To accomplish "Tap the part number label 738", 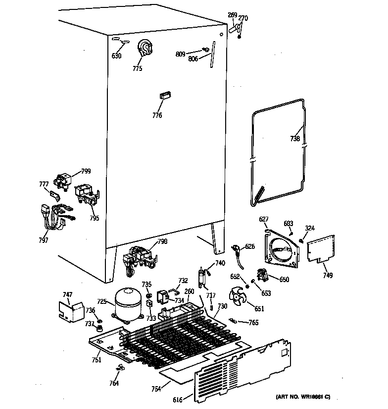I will pyautogui.click(x=295, y=139).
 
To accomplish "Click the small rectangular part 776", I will pyautogui.click(x=165, y=96).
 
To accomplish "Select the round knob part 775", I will pyautogui.click(x=145, y=48).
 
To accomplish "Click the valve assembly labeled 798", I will pyautogui.click(x=140, y=257).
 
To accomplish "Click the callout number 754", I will pyautogui.click(x=156, y=389).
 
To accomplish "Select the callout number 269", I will pyautogui.click(x=232, y=15).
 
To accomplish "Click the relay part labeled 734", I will pyautogui.click(x=162, y=297).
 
